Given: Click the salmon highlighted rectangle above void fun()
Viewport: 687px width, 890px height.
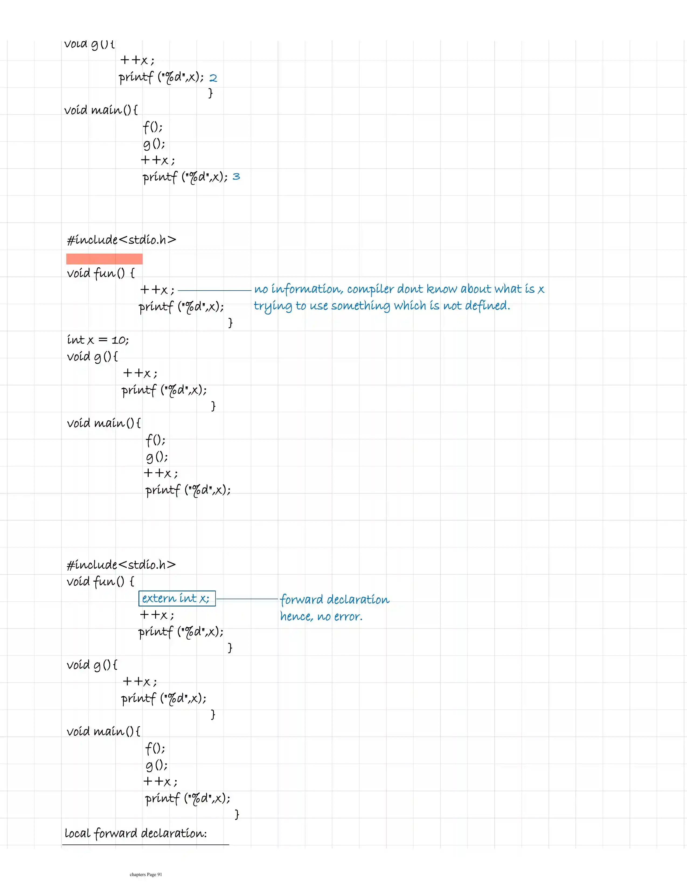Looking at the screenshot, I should (104, 259).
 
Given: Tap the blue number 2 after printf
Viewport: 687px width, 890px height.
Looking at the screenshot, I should (213, 78).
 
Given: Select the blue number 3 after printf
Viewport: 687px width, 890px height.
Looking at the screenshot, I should (236, 176).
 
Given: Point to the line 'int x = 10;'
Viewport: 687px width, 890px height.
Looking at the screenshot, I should (98, 340).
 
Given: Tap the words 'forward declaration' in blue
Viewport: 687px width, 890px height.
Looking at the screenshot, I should (335, 599).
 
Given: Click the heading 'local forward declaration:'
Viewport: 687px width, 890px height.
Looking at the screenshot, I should (136, 833).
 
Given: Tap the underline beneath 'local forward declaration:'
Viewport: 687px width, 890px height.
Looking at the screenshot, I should (145, 844).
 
